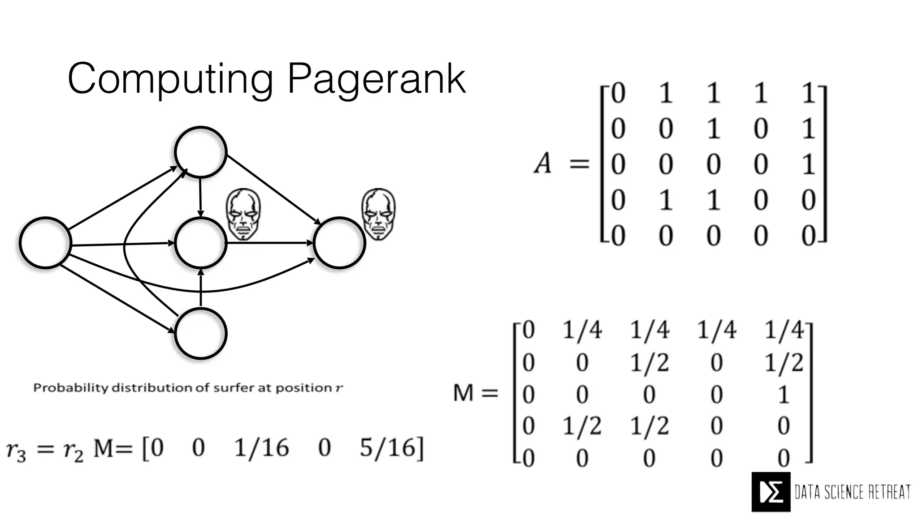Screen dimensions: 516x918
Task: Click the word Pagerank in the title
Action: click(377, 80)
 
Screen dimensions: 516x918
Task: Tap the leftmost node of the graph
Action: click(45, 243)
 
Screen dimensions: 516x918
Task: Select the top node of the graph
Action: click(200, 152)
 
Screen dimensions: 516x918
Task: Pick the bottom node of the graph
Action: click(200, 333)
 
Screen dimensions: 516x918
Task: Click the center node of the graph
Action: click(200, 243)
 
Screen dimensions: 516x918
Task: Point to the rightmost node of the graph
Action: click(339, 243)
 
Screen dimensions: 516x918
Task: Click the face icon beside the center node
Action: click(243, 214)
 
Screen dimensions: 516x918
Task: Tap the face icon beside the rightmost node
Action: click(379, 214)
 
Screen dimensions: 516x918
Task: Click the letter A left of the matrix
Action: click(543, 163)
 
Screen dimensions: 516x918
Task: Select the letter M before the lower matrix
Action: click(463, 394)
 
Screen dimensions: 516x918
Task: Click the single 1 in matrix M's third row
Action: click(783, 395)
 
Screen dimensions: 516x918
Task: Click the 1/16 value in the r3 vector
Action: click(262, 447)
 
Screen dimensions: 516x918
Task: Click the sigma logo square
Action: click(771, 492)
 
